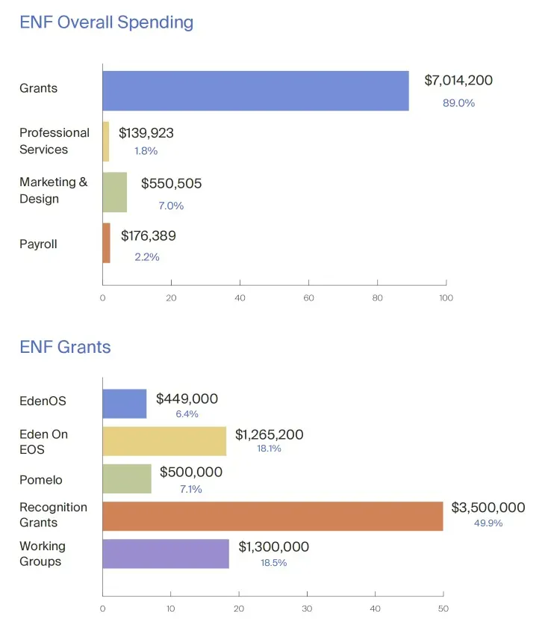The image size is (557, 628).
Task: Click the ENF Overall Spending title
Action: tap(106, 22)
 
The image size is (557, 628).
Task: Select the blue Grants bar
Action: tap(255, 91)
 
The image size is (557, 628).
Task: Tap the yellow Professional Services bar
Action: tap(106, 141)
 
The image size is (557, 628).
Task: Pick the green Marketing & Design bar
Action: tap(114, 192)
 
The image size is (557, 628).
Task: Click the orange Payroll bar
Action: tap(106, 243)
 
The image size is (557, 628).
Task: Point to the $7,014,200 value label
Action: tap(458, 81)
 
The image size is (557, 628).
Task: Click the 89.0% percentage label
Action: tap(458, 103)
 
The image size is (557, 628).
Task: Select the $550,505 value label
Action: tap(171, 184)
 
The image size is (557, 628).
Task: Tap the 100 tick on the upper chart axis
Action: tap(446, 298)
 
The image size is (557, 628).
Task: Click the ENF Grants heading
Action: tap(65, 347)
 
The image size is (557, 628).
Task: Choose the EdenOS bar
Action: tap(124, 404)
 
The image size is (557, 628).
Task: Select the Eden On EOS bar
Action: tap(164, 441)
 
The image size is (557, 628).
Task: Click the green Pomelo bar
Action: tap(126, 478)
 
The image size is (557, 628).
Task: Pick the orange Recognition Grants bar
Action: tap(273, 516)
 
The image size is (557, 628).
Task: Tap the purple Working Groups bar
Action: tap(166, 554)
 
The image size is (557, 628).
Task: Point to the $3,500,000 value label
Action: tap(488, 508)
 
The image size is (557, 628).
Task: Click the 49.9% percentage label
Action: tap(488, 523)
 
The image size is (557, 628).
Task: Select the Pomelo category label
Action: tap(41, 479)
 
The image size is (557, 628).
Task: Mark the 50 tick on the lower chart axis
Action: tap(443, 609)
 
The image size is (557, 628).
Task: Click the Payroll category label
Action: tap(38, 244)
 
